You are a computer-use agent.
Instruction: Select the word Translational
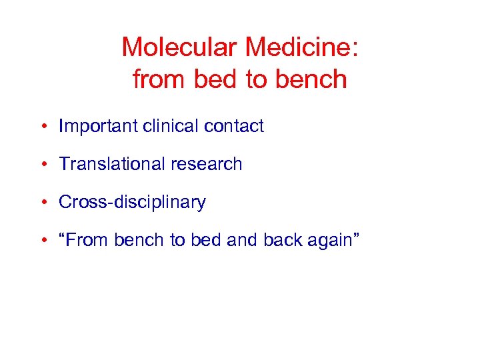[x=109, y=164]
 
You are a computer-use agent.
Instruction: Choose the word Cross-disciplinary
[x=132, y=203]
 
